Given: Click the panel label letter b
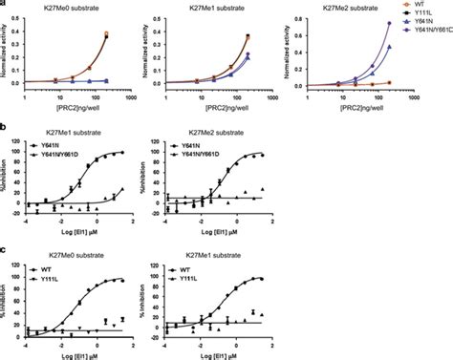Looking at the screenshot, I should coord(4,124).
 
